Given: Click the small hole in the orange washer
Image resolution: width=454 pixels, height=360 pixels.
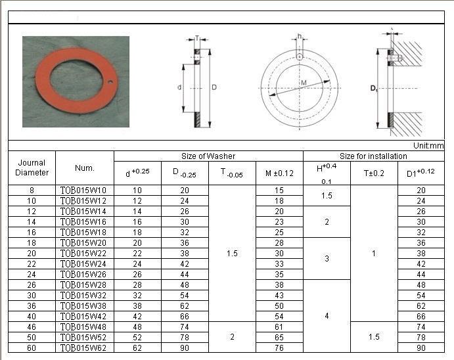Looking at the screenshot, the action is (x=110, y=83).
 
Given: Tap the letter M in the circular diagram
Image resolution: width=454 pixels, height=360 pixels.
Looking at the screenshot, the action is (x=304, y=83).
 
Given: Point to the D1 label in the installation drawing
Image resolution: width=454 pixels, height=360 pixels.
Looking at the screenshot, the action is (x=374, y=88).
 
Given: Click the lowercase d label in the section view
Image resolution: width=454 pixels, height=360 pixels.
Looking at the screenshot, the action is (x=179, y=87).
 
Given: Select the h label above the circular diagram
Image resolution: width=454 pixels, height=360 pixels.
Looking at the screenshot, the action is (x=300, y=36).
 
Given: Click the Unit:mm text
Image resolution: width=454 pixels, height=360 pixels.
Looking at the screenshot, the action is (x=428, y=146).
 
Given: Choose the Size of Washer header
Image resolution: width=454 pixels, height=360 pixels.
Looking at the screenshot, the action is (x=208, y=156).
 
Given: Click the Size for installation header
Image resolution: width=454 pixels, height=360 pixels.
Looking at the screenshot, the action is (x=373, y=156).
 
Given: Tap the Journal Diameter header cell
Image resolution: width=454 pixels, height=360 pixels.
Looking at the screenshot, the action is (x=32, y=168).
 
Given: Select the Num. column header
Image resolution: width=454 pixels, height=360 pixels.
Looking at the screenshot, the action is (x=85, y=168).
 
